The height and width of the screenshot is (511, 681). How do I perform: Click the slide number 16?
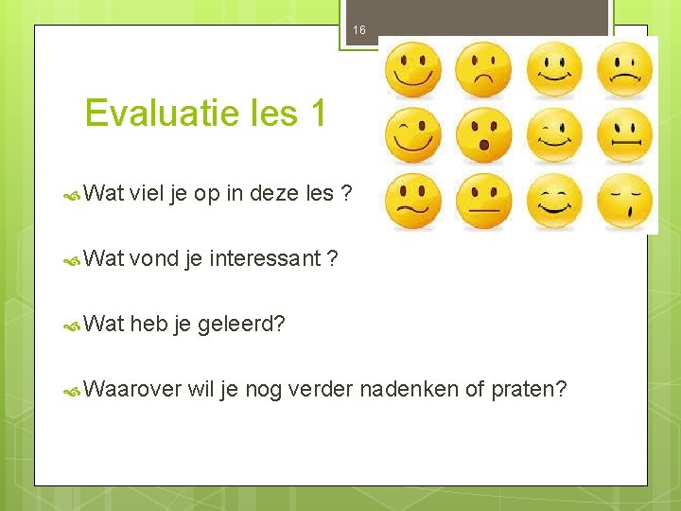(x=358, y=30)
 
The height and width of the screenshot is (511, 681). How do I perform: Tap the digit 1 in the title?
(x=317, y=114)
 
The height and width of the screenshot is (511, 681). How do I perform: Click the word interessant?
(x=265, y=259)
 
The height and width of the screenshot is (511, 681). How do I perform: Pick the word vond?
(x=156, y=259)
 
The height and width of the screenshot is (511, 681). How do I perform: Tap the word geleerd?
(x=242, y=325)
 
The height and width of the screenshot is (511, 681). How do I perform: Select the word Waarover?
(x=131, y=389)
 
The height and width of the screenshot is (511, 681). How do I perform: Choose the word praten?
(x=529, y=389)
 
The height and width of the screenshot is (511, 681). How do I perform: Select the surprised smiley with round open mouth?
(x=483, y=135)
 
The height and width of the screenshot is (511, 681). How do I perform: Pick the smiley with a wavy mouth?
(x=413, y=202)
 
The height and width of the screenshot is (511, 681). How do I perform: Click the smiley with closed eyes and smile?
(x=554, y=202)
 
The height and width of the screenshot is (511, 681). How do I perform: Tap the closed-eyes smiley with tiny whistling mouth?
(x=624, y=202)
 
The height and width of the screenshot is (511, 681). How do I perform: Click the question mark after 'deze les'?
(x=347, y=194)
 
